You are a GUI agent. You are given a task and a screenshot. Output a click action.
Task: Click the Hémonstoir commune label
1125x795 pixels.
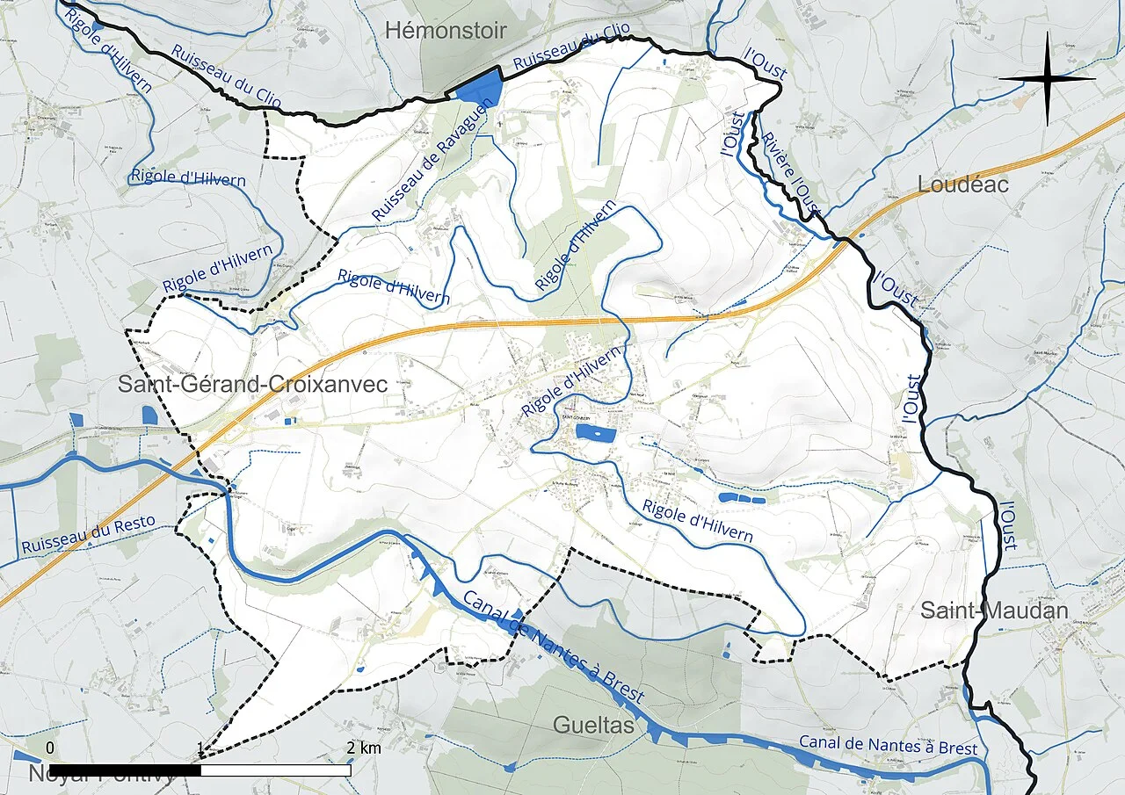coord(446,32)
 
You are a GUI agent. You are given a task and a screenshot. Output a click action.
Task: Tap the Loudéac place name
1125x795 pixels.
coord(963,185)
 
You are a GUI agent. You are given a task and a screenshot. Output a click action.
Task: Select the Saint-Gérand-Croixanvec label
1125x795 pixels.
coord(253,385)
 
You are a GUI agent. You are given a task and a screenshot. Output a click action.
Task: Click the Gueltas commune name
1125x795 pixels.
coord(593,726)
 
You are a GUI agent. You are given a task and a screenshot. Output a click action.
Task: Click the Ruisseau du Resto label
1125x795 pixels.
coord(88,535)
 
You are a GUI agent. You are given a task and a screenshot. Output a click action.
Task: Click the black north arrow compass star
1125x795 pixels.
coord(1047,79)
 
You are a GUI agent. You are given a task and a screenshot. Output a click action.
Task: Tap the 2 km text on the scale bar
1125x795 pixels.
coord(364,748)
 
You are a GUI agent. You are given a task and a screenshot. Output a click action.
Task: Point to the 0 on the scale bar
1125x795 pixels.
coord(50,748)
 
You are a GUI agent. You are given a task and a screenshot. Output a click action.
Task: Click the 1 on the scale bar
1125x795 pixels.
coord(201,748)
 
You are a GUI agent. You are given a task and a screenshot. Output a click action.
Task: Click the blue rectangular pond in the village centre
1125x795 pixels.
coord(602,433)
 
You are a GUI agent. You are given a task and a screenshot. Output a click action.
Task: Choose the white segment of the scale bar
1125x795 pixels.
coord(276,770)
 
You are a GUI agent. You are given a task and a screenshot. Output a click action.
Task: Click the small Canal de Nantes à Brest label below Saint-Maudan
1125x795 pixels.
coord(888,746)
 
